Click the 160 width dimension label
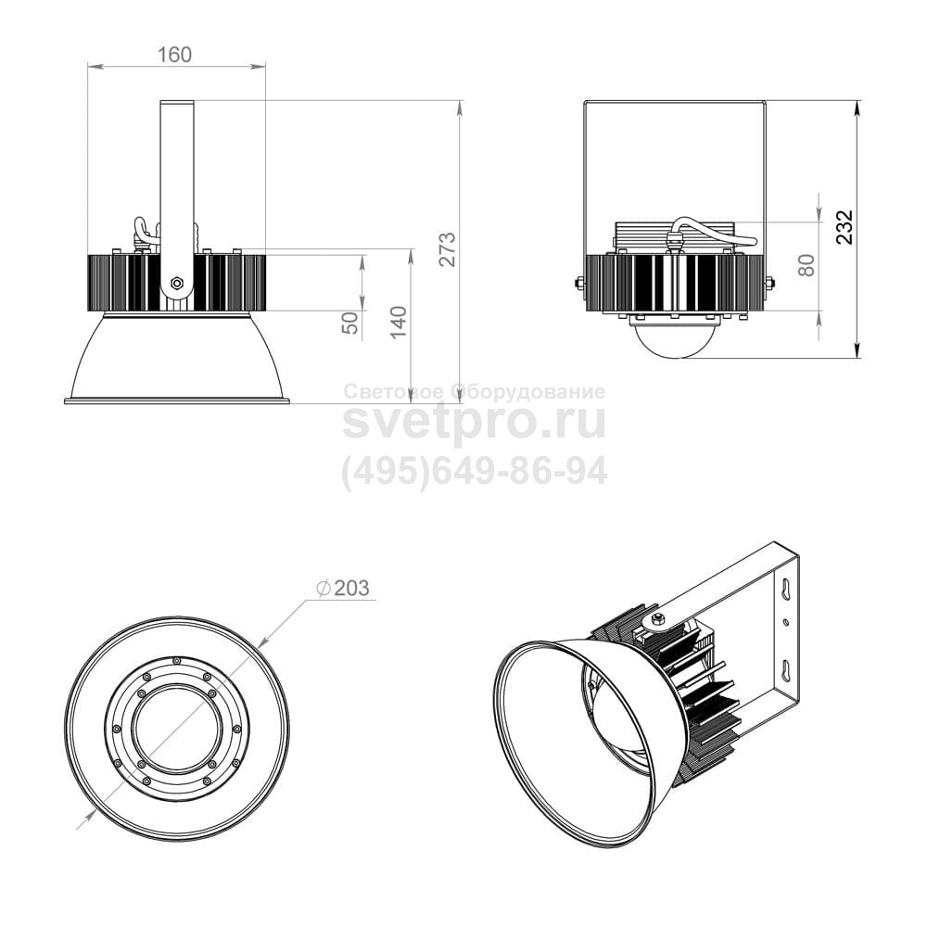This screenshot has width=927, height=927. pos(175,55)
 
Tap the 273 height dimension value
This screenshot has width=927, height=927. pos(449,248)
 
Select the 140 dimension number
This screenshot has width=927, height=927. pos(399,322)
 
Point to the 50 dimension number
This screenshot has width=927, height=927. pos(351,323)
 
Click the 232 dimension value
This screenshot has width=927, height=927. pos(845,226)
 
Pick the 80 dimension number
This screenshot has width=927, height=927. pos(806,264)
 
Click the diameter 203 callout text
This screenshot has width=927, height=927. pos(343,589)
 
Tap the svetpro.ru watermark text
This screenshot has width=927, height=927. pos(475,422)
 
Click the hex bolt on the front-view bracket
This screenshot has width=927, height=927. pos(176,283)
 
